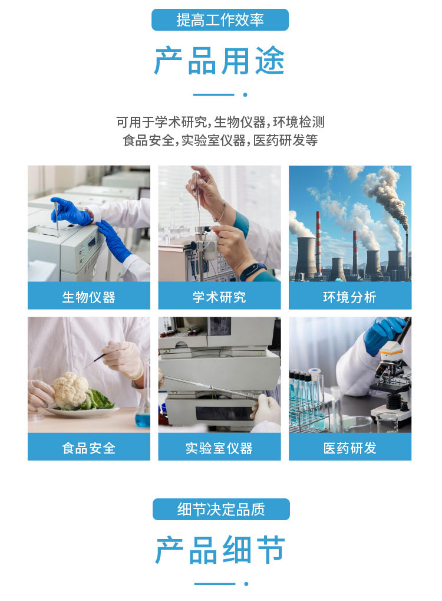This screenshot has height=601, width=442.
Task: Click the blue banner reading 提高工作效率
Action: (220, 20)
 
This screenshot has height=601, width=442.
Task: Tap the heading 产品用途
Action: (219, 61)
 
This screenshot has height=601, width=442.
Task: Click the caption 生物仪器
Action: (89, 297)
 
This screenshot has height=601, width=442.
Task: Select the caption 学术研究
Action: (219, 297)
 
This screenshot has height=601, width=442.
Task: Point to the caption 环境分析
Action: (349, 297)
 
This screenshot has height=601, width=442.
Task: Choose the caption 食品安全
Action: (89, 448)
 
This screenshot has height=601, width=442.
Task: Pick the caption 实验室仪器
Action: (219, 448)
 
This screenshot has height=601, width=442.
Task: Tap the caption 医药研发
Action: (349, 448)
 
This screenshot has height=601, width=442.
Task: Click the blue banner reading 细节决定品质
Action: (221, 510)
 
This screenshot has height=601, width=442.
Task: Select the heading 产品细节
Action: (220, 550)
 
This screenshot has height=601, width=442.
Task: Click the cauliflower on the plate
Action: (70, 390)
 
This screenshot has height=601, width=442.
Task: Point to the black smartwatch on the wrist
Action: (253, 270)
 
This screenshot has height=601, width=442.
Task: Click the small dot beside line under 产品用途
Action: (245, 95)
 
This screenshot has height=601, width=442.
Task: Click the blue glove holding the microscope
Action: (383, 333)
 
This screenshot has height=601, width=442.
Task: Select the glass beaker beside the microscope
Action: (388, 421)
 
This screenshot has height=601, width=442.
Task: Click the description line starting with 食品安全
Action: (220, 140)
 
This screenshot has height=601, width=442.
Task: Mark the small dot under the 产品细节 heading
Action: (246, 584)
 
